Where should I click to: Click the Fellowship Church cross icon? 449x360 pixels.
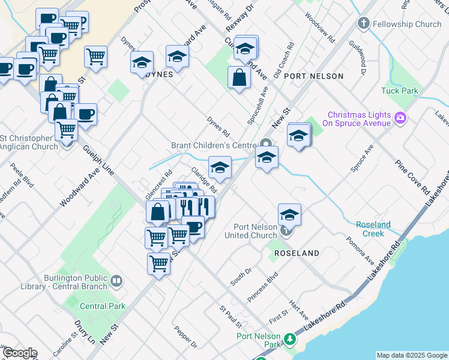(363, 23)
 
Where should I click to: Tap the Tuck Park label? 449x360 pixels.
(399, 91)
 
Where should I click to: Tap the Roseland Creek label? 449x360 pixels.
(373, 229)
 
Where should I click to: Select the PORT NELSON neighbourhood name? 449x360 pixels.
(313, 76)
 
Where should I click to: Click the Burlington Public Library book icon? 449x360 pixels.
(116, 280)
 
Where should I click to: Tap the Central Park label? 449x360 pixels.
(103, 306)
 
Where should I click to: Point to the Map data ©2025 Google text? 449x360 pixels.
(411, 355)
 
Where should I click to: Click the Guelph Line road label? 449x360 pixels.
(98, 161)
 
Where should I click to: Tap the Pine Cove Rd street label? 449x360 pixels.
(412, 176)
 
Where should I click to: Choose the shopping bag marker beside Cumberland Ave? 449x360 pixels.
(239, 78)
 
